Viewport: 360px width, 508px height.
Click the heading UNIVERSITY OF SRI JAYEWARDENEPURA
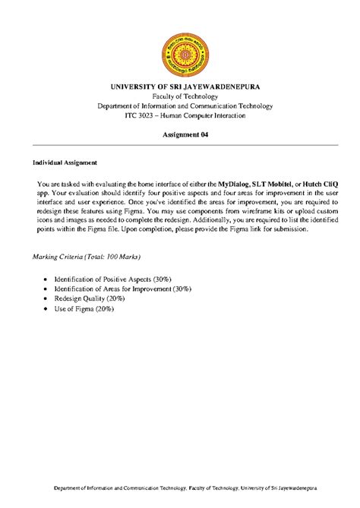click(x=185, y=87)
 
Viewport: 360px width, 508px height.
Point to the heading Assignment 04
click(x=185, y=134)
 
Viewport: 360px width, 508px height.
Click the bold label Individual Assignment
click(x=65, y=162)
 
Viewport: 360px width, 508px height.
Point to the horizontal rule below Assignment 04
click(x=185, y=144)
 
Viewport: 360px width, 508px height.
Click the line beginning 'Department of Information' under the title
click(x=185, y=106)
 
